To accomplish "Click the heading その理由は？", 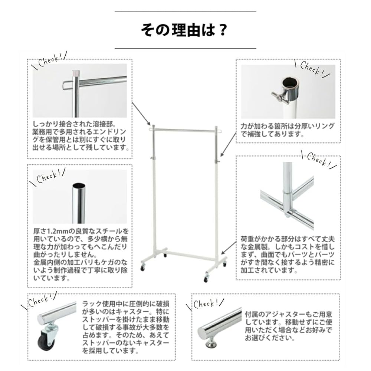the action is click(184, 30).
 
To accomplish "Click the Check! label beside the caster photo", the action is click(40, 301).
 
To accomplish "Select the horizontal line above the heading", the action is click(185, 11).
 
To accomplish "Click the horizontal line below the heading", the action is click(185, 48).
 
